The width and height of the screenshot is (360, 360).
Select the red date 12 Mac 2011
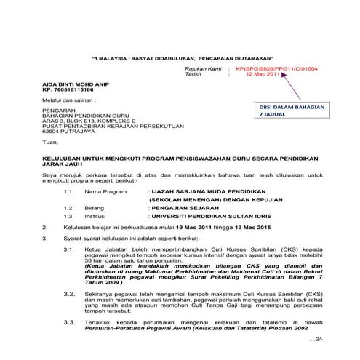(x=262, y=75)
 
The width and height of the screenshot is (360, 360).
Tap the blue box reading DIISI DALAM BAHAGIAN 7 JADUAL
(x=292, y=111)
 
